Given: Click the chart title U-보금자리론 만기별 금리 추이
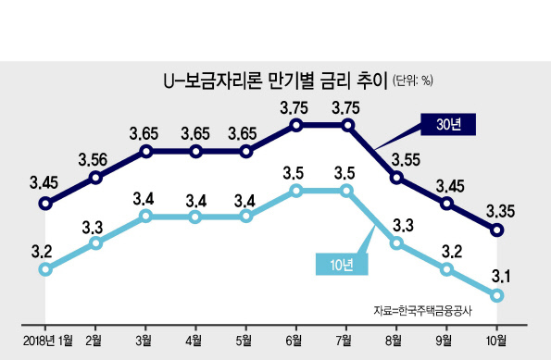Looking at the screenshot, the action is pyautogui.click(x=275, y=81).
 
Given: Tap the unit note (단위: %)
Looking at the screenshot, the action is pyautogui.click(x=412, y=81).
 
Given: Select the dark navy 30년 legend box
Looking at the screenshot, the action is pyautogui.click(x=448, y=124).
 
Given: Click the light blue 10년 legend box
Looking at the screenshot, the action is pyautogui.click(x=342, y=264).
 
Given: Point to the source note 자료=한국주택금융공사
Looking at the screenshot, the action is pyautogui.click(x=422, y=311).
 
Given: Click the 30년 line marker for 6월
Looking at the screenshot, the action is pyautogui.click(x=296, y=125).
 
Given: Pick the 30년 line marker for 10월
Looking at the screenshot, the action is pyautogui.click(x=497, y=230).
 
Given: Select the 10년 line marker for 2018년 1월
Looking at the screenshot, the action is pyautogui.click(x=45, y=269).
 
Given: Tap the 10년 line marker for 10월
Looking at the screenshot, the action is pyautogui.click(x=497, y=295).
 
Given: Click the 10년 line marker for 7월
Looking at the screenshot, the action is pyautogui.click(x=346, y=191).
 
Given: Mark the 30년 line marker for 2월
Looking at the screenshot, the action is pyautogui.click(x=95, y=178).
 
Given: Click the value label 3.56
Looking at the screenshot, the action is pyautogui.click(x=93, y=160).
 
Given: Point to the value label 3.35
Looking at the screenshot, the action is pyautogui.click(x=500, y=211).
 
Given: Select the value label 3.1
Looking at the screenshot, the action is pyautogui.click(x=501, y=277).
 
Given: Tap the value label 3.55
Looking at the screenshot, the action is pyautogui.click(x=406, y=160).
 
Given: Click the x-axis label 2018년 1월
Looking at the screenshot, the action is pyautogui.click(x=48, y=341).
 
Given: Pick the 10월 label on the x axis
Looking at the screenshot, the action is pyautogui.click(x=496, y=341).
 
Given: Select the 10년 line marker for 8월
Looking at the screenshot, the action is pyautogui.click(x=396, y=243).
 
